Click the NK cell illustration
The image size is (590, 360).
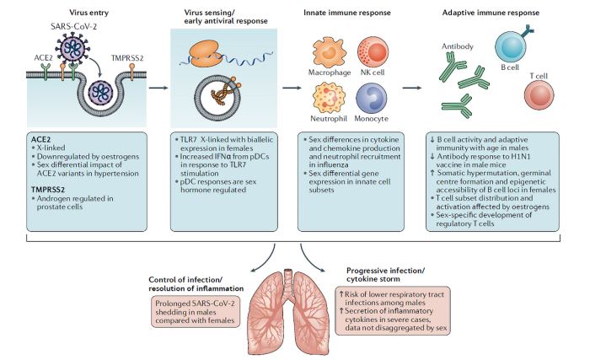(370, 50)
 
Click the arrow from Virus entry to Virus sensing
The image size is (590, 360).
(157, 86)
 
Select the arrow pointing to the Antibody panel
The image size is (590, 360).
(412, 86)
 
